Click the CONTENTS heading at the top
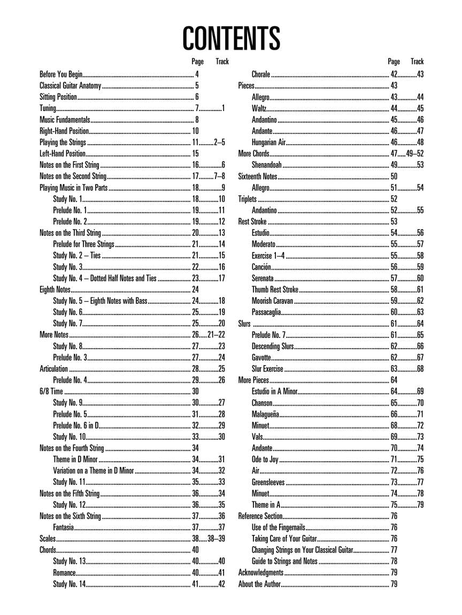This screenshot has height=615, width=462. tap(231, 38)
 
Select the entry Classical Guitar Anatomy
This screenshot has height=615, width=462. tap(70, 85)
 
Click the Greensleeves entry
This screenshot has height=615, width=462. tap(268, 483)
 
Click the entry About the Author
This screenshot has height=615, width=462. tap(259, 584)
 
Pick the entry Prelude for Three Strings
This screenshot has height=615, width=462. tap(83, 244)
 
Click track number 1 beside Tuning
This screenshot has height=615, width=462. tap(223, 108)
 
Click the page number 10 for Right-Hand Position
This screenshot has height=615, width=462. tap(196, 131)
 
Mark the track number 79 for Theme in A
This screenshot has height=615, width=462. tap(420, 505)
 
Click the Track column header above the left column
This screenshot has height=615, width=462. tap(222, 62)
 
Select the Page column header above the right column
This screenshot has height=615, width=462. tap(394, 62)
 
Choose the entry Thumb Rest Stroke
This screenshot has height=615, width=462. tap(275, 289)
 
